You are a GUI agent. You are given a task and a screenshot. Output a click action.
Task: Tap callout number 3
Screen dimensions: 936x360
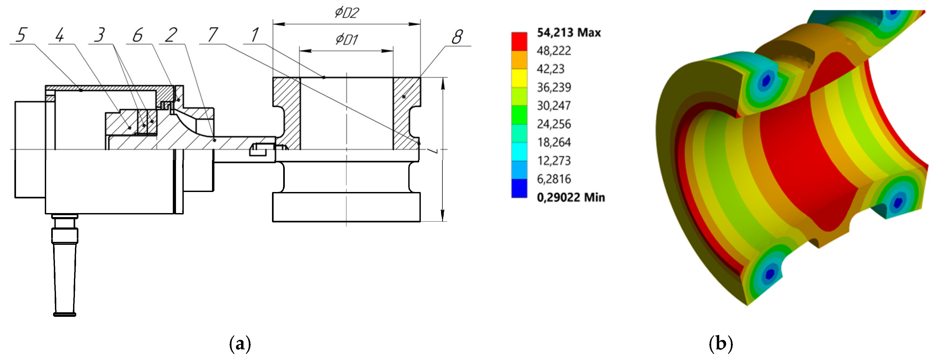(x=99, y=35)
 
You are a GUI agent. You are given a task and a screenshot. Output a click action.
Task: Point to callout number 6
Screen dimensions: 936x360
(x=138, y=35)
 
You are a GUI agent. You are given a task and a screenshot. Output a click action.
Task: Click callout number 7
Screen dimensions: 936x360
(x=213, y=35)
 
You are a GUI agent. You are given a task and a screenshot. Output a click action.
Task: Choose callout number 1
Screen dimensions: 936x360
(x=255, y=35)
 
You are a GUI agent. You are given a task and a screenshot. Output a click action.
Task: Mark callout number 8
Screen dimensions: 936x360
(x=457, y=37)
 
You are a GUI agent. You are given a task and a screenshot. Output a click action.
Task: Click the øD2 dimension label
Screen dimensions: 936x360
(x=347, y=13)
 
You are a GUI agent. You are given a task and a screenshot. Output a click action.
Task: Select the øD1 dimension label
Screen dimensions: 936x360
(x=347, y=39)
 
